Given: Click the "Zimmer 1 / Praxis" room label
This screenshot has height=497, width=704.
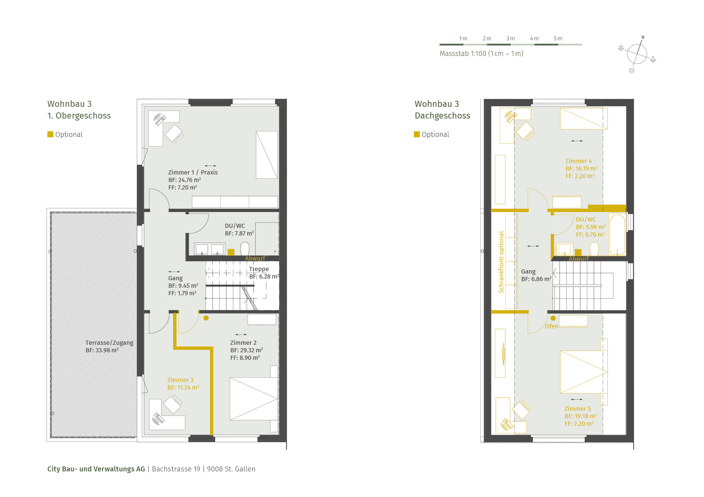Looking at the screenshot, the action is tap(193, 173).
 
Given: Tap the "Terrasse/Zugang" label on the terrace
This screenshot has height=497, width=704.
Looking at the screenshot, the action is tap(109, 343).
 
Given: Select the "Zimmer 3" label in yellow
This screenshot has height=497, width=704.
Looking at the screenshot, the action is tap(180, 380).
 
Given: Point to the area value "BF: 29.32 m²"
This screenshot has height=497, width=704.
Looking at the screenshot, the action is tap(247, 350).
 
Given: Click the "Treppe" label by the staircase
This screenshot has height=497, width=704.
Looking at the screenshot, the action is tap(259, 269).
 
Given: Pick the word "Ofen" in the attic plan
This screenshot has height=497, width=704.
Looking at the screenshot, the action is tap(551, 326).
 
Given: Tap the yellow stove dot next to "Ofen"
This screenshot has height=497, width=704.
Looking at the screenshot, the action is tap(553, 318).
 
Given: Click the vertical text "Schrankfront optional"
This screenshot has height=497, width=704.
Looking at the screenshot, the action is tap(501, 262).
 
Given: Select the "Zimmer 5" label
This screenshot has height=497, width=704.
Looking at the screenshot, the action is tap(578, 409).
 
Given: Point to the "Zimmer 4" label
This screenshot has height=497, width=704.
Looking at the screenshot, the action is tap(579, 161).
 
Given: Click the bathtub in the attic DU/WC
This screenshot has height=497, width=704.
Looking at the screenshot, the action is tap(617, 235).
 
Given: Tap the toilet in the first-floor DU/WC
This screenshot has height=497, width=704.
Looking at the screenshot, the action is tap(245, 248).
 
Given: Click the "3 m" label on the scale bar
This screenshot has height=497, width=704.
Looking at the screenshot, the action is tap(511, 39).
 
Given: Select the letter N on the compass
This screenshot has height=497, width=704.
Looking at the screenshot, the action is tap(643, 37).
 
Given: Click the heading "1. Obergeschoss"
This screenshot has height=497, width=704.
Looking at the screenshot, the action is tap(79, 116).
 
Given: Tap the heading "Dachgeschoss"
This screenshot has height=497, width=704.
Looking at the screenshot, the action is tap(443, 116).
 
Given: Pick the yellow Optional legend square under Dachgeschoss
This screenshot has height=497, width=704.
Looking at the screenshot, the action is tap(417, 134).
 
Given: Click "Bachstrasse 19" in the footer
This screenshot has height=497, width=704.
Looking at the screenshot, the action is tap(176, 469).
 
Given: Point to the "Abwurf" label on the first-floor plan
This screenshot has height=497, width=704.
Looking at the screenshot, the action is tap(255, 259).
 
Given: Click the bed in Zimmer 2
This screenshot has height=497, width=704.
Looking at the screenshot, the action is tap(254, 399).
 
